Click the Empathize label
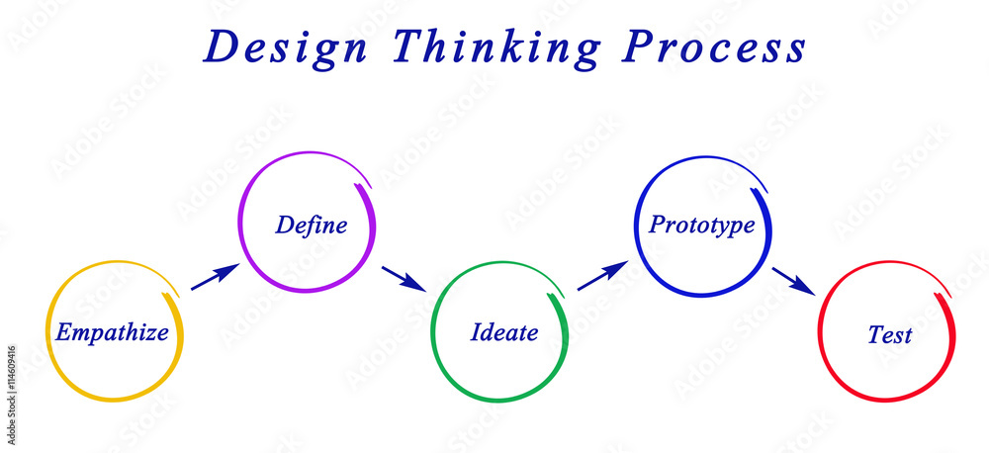coord(112,332)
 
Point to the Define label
coord(312,225)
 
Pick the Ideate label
coord(504,332)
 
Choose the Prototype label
coord(701,225)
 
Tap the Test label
coord(889,335)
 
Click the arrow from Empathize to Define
coord(215,276)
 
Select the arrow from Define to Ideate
coord(404,279)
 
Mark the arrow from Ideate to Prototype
coord(602,276)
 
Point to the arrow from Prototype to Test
coord(793,281)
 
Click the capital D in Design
coord(220,47)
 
